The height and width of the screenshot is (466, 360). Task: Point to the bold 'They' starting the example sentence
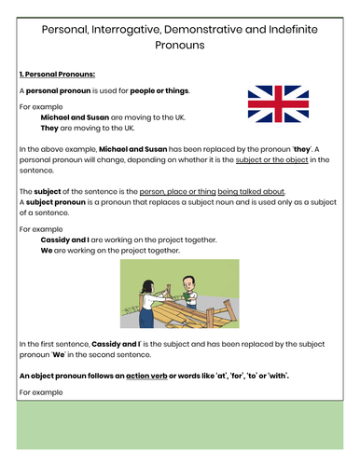50,130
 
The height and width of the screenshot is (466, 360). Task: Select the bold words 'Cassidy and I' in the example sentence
64,239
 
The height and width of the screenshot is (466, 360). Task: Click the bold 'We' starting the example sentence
48,250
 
